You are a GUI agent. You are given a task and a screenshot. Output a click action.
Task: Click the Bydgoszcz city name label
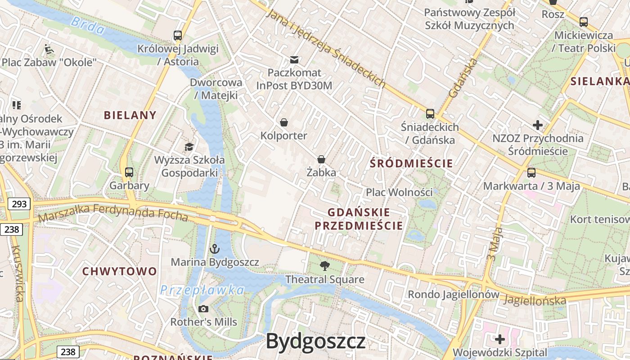315,342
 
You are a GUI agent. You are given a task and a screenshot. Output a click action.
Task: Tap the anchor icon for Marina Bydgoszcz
215,248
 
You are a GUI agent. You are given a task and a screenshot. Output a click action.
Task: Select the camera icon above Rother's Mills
203,309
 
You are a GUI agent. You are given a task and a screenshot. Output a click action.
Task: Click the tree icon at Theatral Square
324,266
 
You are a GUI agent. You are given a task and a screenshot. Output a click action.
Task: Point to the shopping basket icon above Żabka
321,159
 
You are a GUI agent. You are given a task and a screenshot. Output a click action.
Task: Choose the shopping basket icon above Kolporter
284,122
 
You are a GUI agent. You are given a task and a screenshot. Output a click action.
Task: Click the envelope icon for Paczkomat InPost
294,59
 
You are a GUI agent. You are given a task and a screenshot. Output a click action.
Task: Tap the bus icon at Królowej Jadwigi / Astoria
178,36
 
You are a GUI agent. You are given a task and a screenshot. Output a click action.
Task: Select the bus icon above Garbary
129,172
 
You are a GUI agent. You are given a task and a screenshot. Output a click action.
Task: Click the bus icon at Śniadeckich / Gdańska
430,114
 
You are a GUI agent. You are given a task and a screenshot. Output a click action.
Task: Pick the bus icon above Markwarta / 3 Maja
531,172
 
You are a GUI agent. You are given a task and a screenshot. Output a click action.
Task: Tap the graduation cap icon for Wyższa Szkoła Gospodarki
189,147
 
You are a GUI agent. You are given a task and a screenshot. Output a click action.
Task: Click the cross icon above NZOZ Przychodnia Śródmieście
538,125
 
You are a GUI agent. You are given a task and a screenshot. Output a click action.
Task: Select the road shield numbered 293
19,204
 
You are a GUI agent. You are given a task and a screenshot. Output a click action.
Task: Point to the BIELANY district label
130,115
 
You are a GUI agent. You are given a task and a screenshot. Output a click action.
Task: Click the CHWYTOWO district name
119,271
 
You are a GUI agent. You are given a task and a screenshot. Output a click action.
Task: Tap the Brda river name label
88,25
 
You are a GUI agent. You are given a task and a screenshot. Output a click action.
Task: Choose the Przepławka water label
202,290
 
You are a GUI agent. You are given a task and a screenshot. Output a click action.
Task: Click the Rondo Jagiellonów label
454,294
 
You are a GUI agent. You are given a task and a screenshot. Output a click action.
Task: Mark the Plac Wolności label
399,192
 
